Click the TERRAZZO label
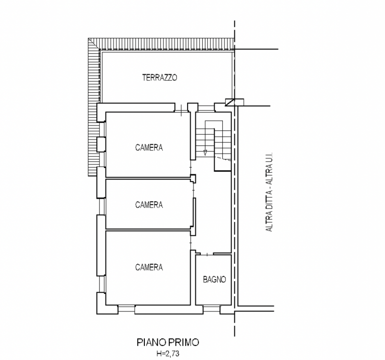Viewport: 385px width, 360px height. coord(160,77)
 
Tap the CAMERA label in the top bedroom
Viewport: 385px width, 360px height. coord(149,147)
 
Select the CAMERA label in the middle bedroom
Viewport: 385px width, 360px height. coord(149,205)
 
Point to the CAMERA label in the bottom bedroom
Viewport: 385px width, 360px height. coord(149,267)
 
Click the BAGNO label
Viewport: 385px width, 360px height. coord(214,279)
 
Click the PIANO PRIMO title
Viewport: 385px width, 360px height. coord(167,342)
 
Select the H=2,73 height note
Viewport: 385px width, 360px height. coord(168,354)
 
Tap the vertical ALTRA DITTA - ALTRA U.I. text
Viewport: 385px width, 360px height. coord(269,192)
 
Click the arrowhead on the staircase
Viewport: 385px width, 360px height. coord(205,153)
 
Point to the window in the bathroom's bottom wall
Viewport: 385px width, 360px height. coord(211,309)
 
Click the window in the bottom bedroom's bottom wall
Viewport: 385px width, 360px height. coord(126,309)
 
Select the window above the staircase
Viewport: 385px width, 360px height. coord(206,108)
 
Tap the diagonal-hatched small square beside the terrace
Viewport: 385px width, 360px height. coord(230,102)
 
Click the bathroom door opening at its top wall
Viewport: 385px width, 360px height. coord(207,254)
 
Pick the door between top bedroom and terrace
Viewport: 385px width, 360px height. coord(181,111)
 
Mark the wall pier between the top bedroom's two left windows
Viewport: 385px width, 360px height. coord(101,144)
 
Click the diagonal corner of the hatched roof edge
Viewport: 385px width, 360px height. coord(94,44)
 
